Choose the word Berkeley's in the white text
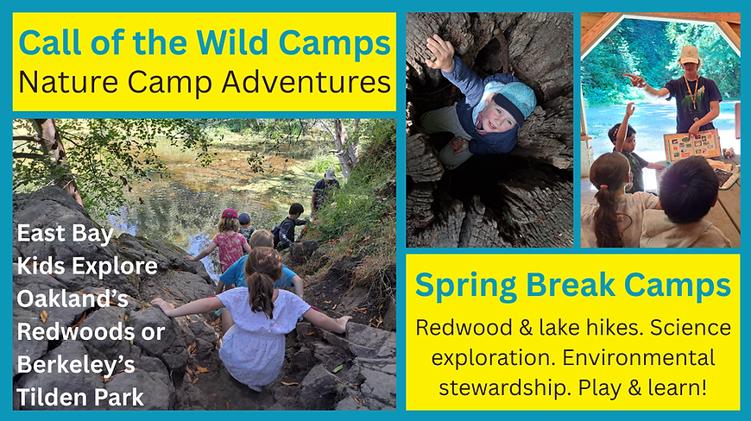75,364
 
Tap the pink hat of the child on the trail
230,213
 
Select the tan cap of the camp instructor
689,53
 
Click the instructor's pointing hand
632,79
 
